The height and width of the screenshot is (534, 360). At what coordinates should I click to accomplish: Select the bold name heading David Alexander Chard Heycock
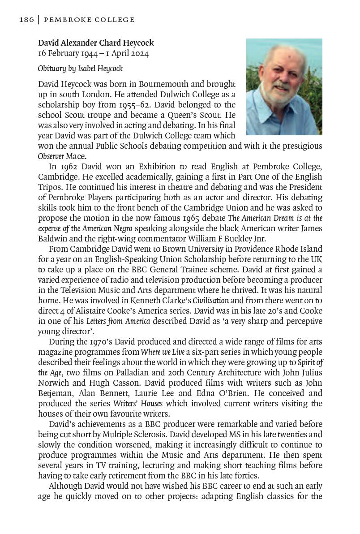[96, 43]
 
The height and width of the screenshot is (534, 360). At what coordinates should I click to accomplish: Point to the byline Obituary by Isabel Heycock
[80, 69]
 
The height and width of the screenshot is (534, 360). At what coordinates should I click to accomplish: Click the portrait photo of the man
[284, 86]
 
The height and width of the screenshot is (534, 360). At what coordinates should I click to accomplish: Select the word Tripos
[50, 188]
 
